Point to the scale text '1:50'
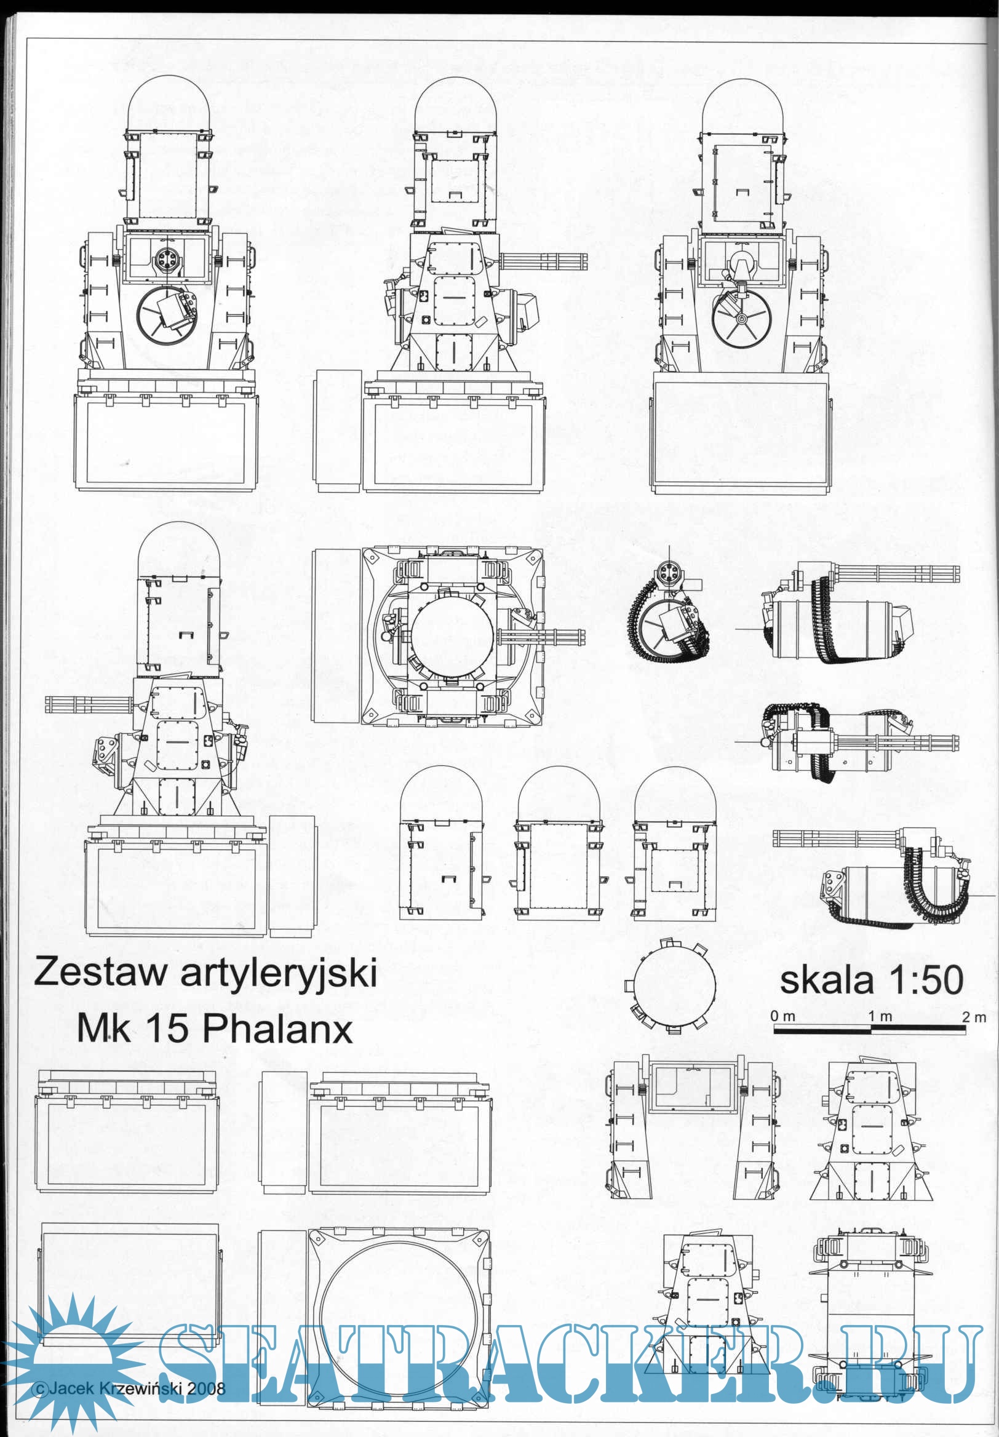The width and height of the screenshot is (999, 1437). click(926, 981)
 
